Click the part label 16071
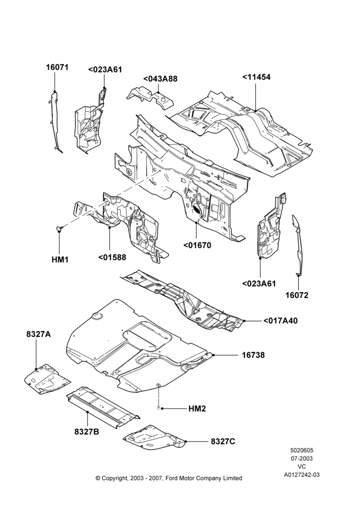click(57, 67)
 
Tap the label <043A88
click(160, 79)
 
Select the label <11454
click(256, 77)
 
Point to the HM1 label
click(60, 260)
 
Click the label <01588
click(112, 257)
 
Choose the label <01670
click(197, 245)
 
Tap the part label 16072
click(297, 295)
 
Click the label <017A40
click(280, 321)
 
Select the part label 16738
click(253, 355)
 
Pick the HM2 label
click(197, 409)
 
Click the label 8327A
click(39, 334)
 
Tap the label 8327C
click(223, 441)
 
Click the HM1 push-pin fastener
click(59, 229)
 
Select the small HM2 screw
click(158, 406)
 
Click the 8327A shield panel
click(47, 379)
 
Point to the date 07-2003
click(302, 458)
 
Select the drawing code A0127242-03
click(302, 475)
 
